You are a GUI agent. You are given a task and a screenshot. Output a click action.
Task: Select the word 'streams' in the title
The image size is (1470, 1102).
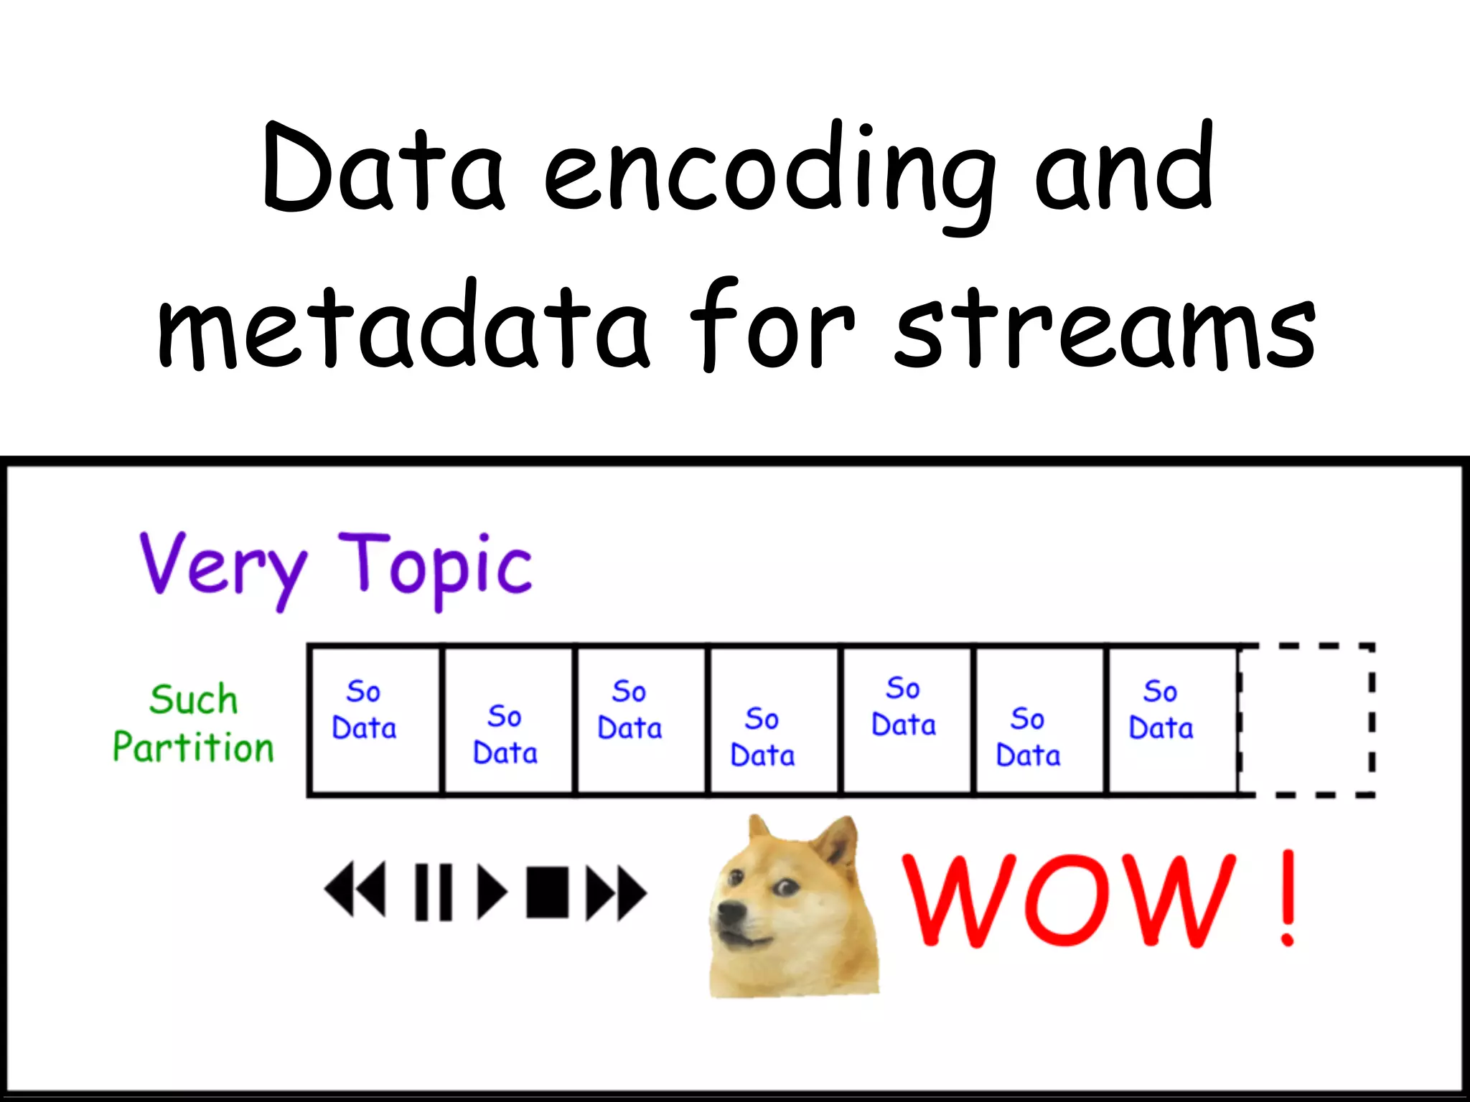(1105, 330)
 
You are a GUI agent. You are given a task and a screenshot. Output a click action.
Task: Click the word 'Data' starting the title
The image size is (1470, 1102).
(384, 169)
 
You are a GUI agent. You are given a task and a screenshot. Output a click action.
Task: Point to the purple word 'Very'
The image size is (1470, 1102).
(223, 567)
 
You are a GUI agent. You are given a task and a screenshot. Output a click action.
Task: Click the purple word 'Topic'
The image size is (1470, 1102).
(435, 567)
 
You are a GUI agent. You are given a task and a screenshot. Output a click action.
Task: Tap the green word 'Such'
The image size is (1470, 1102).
(193, 700)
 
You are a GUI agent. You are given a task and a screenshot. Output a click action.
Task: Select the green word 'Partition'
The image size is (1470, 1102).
(193, 747)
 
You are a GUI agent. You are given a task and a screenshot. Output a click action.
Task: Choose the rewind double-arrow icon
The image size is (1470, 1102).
(355, 890)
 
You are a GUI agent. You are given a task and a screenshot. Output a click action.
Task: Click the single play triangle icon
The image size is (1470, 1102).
(492, 891)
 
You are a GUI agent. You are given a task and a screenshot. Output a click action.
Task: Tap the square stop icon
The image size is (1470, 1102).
(547, 892)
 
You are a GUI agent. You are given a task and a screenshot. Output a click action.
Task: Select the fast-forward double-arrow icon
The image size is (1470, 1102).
(615, 892)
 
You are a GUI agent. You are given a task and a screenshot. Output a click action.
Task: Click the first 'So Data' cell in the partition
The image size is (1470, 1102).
(374, 720)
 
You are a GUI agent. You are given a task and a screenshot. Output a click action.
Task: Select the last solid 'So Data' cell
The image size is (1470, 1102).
(1171, 720)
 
